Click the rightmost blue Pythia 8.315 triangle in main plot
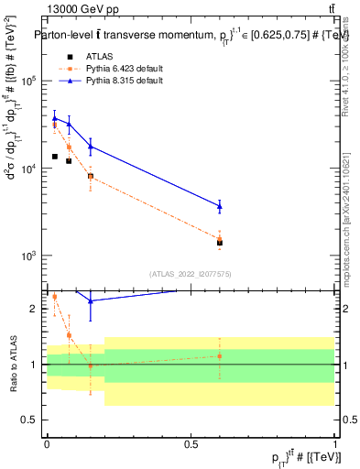pos(220,205)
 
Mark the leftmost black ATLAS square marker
pos(54,157)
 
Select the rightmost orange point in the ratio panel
pos(220,356)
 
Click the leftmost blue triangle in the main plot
pos(54,117)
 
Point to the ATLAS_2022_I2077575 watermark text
pos(190,273)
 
